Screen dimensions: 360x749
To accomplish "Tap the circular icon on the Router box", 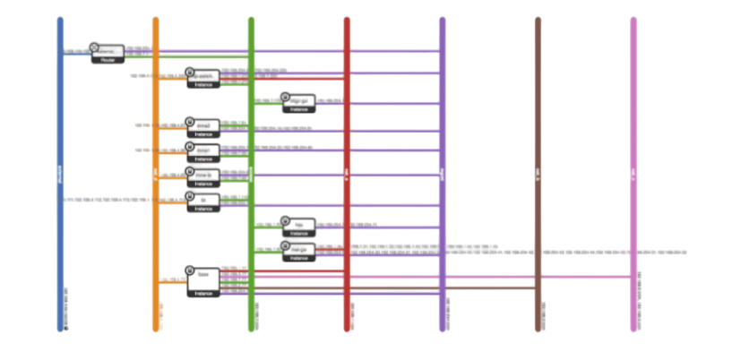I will [x=93, y=47].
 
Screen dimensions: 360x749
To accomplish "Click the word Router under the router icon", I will [x=108, y=59].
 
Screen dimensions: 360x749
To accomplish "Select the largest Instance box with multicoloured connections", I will [x=203, y=281].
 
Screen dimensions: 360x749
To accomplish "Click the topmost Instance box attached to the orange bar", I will [x=203, y=78].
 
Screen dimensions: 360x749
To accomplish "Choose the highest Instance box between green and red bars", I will [x=299, y=103].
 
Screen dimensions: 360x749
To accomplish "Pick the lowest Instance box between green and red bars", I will [x=299, y=252].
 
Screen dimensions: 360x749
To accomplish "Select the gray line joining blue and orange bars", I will [x=108, y=199].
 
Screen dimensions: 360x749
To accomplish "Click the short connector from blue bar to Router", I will [x=75, y=50].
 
